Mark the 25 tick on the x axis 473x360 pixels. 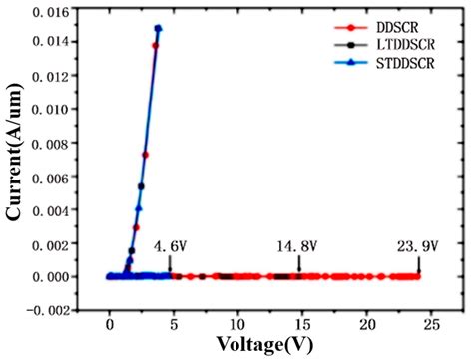point(433,325)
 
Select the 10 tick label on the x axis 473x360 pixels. point(238,325)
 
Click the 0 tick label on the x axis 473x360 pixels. point(110,325)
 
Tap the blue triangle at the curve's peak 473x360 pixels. point(158,29)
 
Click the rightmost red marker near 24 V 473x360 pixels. point(418,276)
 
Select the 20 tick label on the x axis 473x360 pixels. point(368,325)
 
